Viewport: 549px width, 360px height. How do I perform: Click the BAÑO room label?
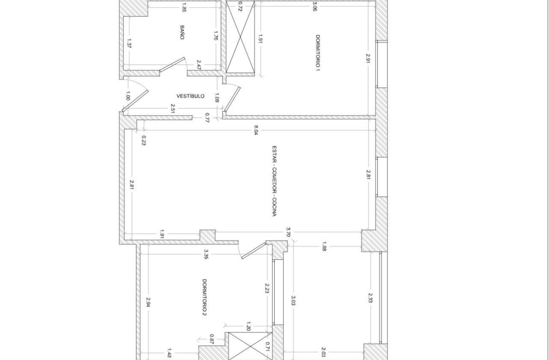click(x=182, y=32)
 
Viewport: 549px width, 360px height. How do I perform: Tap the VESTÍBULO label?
click(x=190, y=96)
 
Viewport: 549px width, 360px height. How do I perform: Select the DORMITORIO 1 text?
click(x=318, y=53)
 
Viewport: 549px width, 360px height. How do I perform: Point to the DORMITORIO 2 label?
click(x=205, y=297)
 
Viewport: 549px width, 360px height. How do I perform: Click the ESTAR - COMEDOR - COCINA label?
click(x=275, y=181)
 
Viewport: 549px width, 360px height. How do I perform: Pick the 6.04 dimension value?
click(x=256, y=130)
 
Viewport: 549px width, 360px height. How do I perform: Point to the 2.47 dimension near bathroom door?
click(x=199, y=65)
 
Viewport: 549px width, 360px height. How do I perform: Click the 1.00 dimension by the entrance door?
click(x=128, y=96)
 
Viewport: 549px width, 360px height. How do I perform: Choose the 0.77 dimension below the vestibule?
click(x=207, y=118)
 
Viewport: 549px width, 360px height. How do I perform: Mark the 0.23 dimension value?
click(x=144, y=141)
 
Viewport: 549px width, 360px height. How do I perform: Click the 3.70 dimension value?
click(x=288, y=232)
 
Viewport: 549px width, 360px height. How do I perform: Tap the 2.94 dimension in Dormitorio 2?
click(x=148, y=302)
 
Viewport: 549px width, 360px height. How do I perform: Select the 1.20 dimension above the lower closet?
click(x=248, y=327)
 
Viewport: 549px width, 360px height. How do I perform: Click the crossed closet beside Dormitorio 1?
click(x=240, y=37)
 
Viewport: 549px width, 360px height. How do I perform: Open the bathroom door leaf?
click(x=172, y=64)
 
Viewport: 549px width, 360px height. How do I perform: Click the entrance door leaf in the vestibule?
click(x=135, y=103)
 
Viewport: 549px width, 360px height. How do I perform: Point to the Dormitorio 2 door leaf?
click(x=254, y=251)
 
